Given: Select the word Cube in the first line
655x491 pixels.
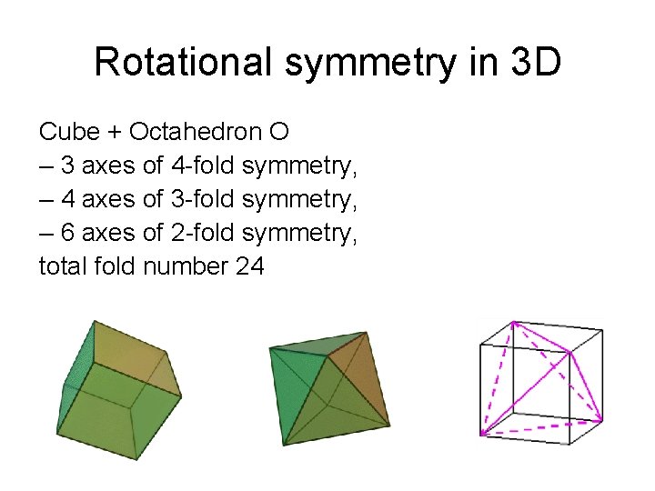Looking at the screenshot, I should click(69, 133).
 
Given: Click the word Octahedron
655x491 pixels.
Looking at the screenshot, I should click(195, 133).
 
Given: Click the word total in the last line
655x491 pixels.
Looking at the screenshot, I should click(60, 267).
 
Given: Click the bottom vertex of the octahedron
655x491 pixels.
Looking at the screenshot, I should click(285, 445).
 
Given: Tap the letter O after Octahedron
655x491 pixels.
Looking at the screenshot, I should click(279, 133).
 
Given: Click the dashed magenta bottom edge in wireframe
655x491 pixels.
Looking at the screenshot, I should click(541, 426).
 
